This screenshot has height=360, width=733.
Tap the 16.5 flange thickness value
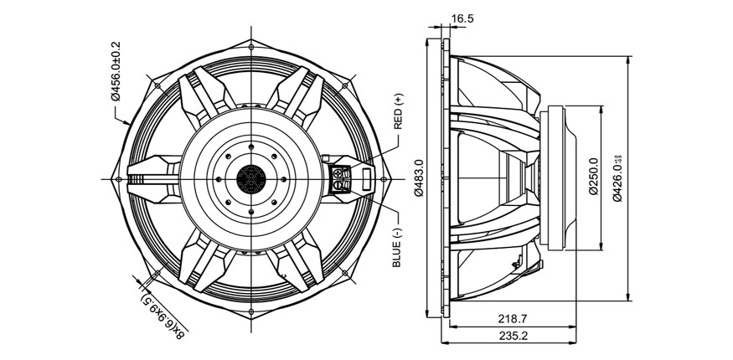[x=462, y=18]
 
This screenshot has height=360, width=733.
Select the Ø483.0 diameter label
[x=419, y=178]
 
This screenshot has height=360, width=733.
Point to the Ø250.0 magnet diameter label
[x=593, y=177]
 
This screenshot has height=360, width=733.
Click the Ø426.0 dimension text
[x=617, y=177]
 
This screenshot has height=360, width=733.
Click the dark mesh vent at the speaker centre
[x=250, y=178]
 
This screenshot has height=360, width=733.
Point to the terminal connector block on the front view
[x=342, y=178]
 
